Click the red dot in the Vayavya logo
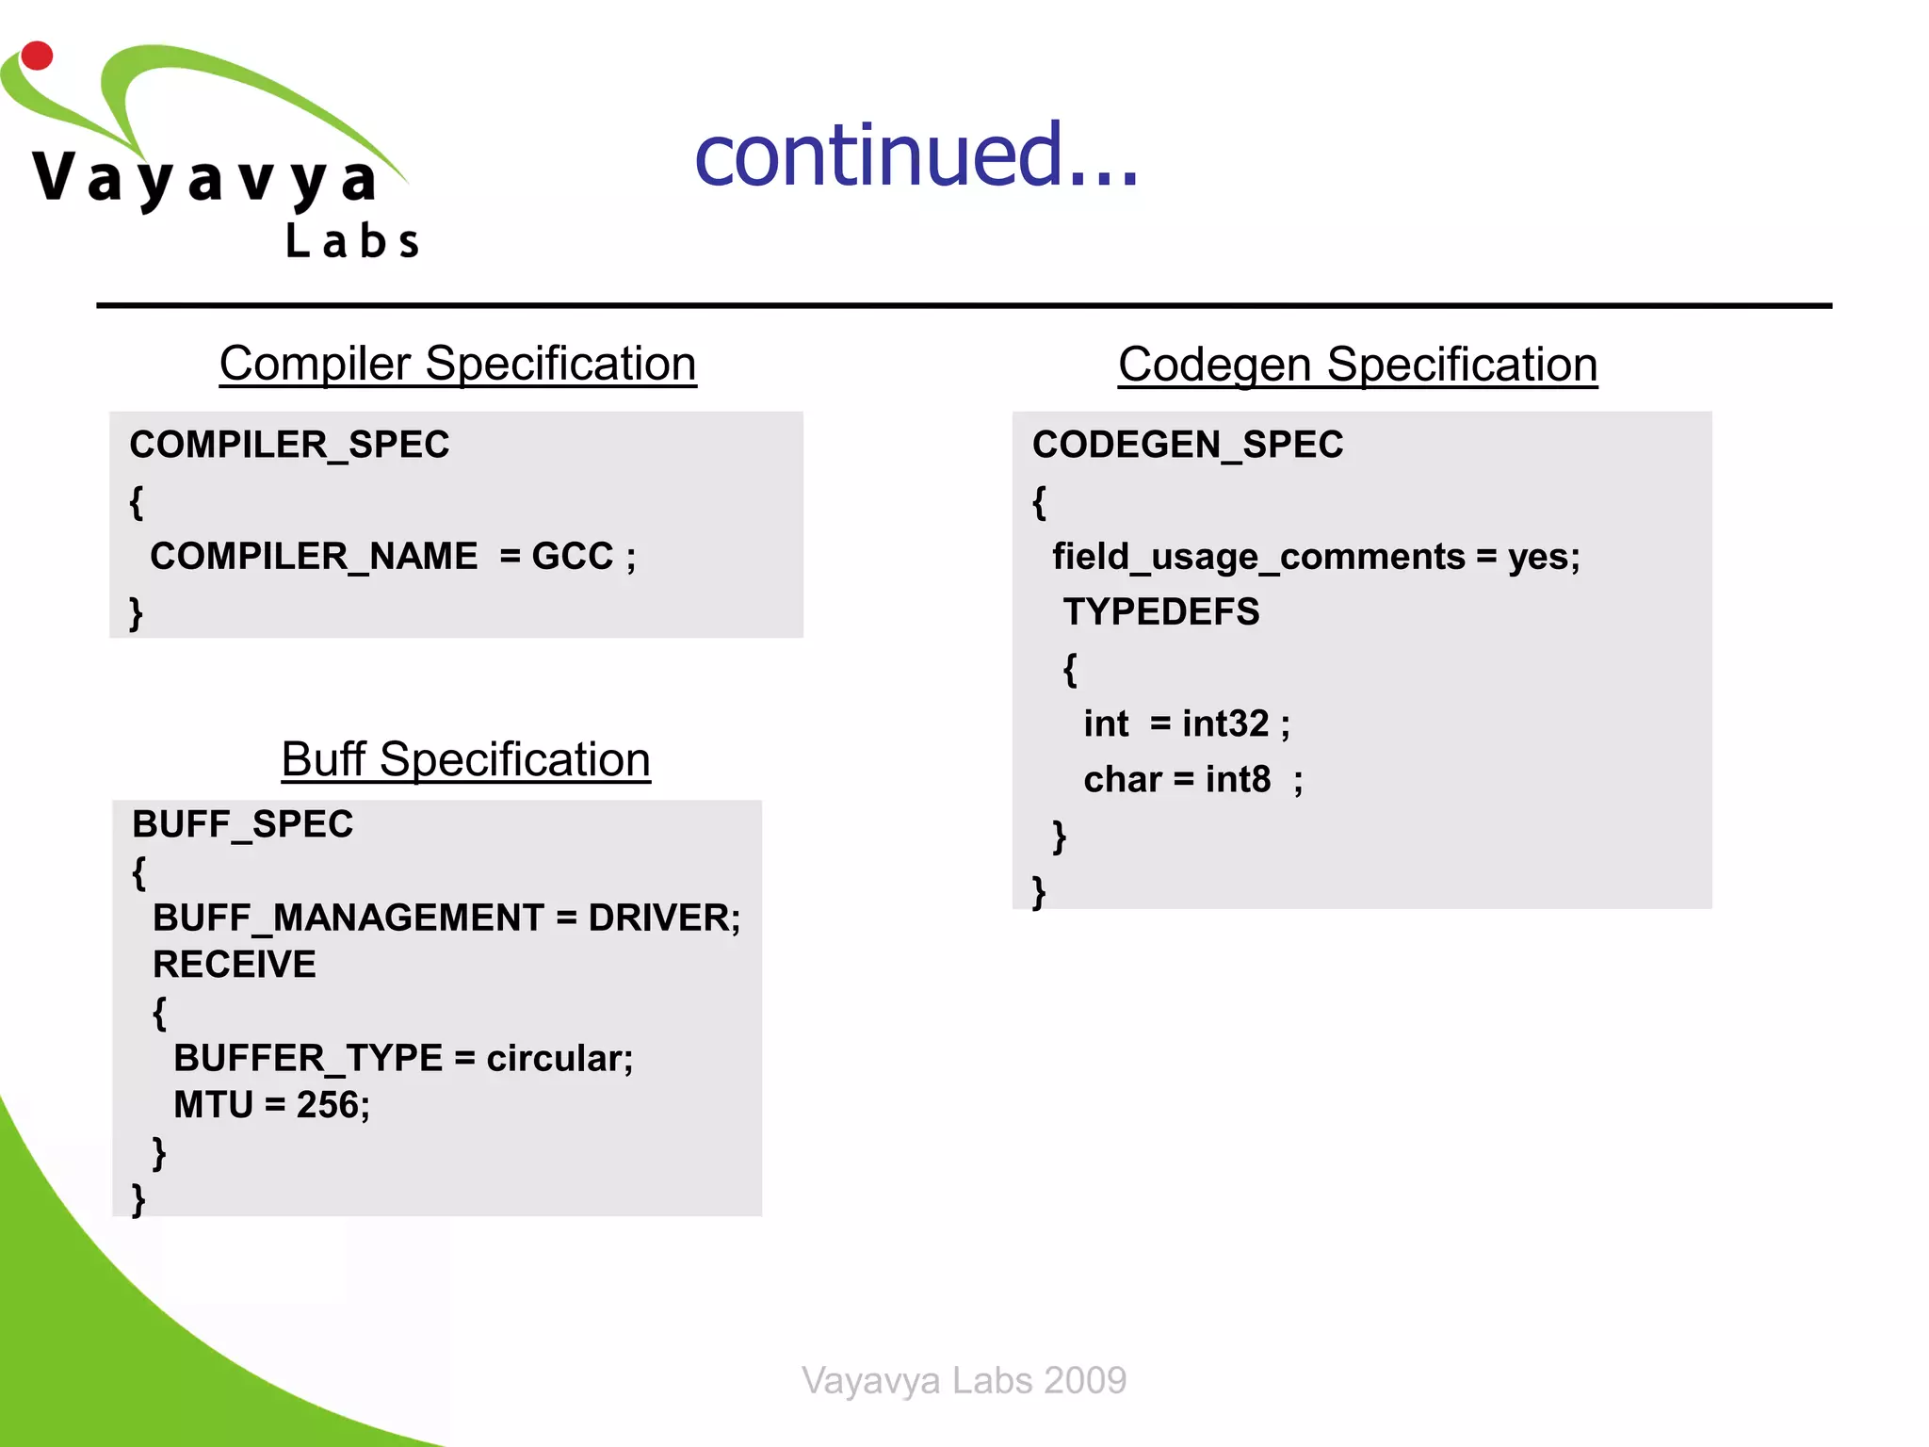coord(37,56)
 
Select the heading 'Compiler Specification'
coord(458,364)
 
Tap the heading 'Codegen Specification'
coord(1357,365)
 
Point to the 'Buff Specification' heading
coord(465,759)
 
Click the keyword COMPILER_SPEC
coord(289,445)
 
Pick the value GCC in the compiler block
coord(572,556)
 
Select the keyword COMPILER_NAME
coord(314,556)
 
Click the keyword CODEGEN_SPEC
coord(1187,445)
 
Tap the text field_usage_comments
coord(1257,557)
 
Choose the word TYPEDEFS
coord(1160,612)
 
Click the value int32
coord(1225,723)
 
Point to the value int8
coord(1238,780)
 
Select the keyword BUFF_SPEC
coord(242,824)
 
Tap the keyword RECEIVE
coord(235,965)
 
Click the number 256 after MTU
coord(328,1105)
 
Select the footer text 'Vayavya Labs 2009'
coord(964,1380)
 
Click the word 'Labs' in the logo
coord(352,241)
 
